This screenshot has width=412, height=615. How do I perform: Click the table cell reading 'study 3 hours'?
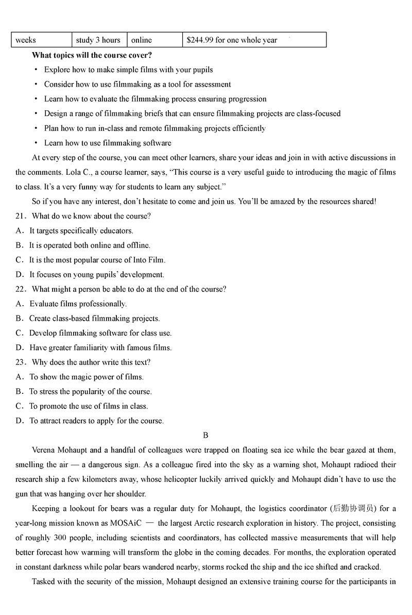pyautogui.click(x=98, y=40)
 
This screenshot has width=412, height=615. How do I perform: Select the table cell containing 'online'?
pyautogui.click(x=142, y=40)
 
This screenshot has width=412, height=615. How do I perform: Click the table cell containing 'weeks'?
pyautogui.click(x=26, y=40)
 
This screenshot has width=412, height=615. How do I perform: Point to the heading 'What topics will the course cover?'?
pyautogui.click(x=92, y=55)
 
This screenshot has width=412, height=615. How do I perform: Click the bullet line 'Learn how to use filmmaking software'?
pyautogui.click(x=108, y=143)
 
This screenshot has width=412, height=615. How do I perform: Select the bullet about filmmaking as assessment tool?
pyautogui.click(x=138, y=84)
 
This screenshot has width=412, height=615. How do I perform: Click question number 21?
pyautogui.click(x=21, y=216)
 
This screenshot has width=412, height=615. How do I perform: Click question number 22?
pyautogui.click(x=21, y=289)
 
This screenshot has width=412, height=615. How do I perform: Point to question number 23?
pyautogui.click(x=21, y=362)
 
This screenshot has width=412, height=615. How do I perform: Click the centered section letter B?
pyautogui.click(x=205, y=435)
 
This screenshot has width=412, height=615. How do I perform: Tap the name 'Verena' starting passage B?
pyautogui.click(x=44, y=450)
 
